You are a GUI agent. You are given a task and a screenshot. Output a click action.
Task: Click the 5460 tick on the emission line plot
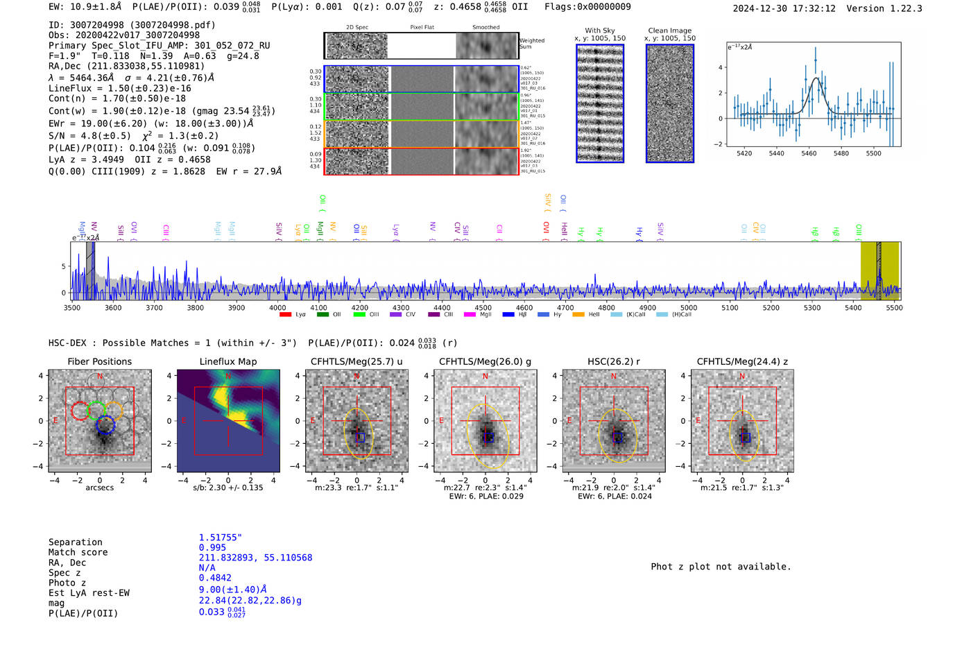pyautogui.click(x=809, y=153)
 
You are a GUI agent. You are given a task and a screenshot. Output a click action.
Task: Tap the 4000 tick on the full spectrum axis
pyautogui.click(x=277, y=307)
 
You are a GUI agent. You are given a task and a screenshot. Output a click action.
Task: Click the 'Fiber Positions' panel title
pyautogui.click(x=99, y=361)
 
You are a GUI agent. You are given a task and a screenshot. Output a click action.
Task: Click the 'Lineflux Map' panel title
pyautogui.click(x=228, y=361)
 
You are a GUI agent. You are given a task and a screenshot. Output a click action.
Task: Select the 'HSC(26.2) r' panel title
pyautogui.click(x=613, y=361)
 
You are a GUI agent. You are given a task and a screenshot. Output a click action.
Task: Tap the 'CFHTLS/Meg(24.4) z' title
pyautogui.click(x=742, y=361)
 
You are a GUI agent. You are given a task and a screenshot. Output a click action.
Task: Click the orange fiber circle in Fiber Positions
pyautogui.click(x=114, y=411)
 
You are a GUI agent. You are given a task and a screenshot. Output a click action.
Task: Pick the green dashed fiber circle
pyautogui.click(x=96, y=411)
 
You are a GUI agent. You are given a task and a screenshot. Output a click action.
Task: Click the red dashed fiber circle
pyautogui.click(x=80, y=411)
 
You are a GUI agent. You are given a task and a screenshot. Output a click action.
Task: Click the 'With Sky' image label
pyautogui.click(x=599, y=31)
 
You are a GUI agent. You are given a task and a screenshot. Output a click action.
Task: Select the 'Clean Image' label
pyautogui.click(x=669, y=31)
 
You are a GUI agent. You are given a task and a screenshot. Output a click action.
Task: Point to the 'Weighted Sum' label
pyautogui.click(x=531, y=44)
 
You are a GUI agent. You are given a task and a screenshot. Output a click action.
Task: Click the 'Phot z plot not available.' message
pyautogui.click(x=721, y=567)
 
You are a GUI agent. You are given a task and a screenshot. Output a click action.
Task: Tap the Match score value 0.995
pyautogui.click(x=212, y=547)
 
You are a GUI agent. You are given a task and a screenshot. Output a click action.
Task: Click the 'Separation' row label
pyautogui.click(x=76, y=542)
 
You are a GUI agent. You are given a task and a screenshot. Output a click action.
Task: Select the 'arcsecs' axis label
pyautogui.click(x=99, y=488)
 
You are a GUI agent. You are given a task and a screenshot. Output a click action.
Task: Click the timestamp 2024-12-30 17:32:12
pyautogui.click(x=784, y=8)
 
